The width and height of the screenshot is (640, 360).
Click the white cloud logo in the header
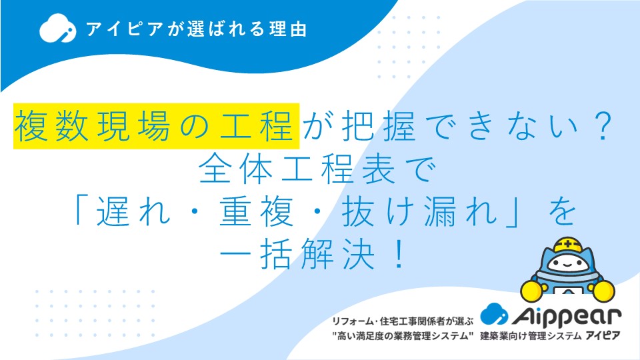pyautogui.click(x=57, y=28)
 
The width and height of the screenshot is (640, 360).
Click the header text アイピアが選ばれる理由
pyautogui.click(x=196, y=29)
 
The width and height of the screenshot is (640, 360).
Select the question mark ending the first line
pyautogui.click(x=603, y=126)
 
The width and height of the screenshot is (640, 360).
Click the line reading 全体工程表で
pyautogui.click(x=318, y=169)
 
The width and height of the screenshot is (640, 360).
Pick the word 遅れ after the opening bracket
pyautogui.click(x=133, y=211)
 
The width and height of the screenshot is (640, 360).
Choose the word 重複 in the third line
pyautogui.click(x=256, y=211)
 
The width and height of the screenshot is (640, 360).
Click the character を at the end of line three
pyautogui.click(x=563, y=211)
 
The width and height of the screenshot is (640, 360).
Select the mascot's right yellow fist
pyautogui.click(x=603, y=290)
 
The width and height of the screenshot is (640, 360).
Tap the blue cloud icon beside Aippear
pyautogui.click(x=494, y=313)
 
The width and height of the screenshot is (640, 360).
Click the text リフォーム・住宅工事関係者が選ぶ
pyautogui.click(x=403, y=321)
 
